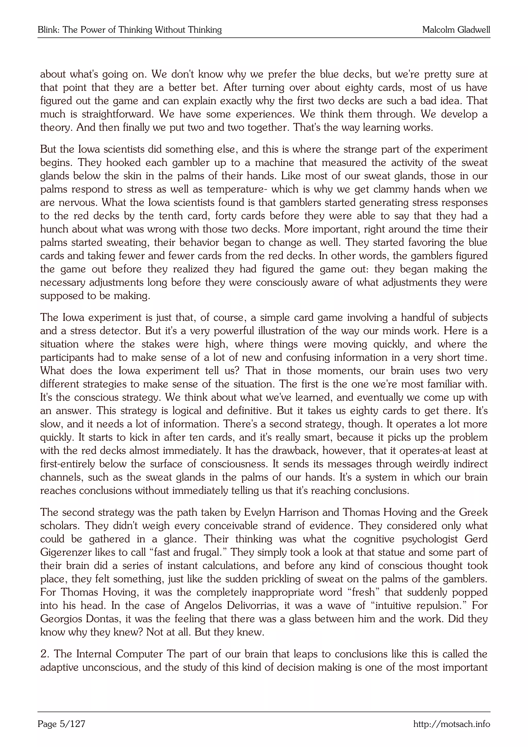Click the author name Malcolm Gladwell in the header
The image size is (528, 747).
[x=456, y=30]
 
